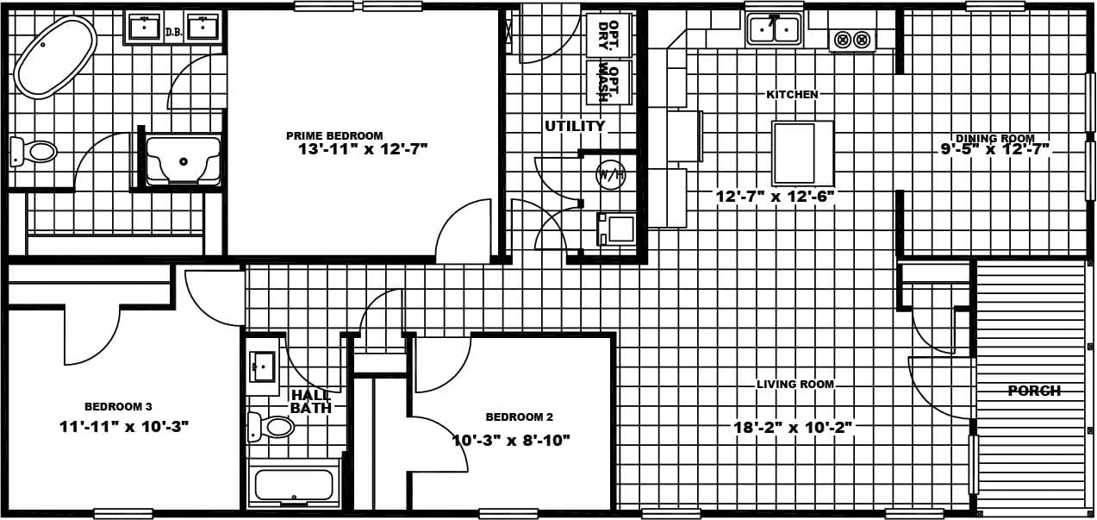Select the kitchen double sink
click(773, 29)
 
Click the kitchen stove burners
click(851, 40)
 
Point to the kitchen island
click(801, 153)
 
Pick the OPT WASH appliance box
click(608, 81)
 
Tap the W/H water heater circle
click(610, 174)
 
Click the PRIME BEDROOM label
click(334, 135)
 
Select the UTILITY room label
click(575, 126)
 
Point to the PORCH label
click(1034, 391)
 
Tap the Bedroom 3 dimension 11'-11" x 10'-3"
click(124, 426)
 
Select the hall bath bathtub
click(294, 485)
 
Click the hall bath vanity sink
click(262, 367)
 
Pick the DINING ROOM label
click(994, 138)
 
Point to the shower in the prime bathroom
click(183, 160)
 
